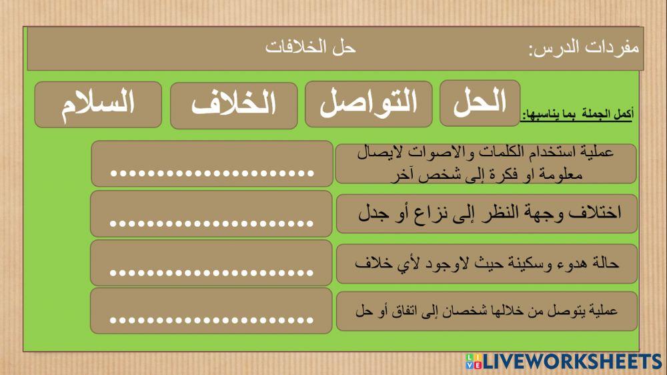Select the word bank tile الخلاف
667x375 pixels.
pyautogui.click(x=233, y=105)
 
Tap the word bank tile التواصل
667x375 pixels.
pyautogui.click(x=369, y=104)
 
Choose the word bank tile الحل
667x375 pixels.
pyautogui.click(x=480, y=103)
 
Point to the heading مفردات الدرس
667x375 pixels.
pyautogui.click(x=584, y=49)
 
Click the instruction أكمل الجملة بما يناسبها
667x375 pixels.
pyautogui.click(x=578, y=115)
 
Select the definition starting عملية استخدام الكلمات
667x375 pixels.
pyautogui.click(x=486, y=163)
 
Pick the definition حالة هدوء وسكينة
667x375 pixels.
pyautogui.click(x=486, y=263)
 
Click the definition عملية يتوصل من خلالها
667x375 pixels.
pyautogui.click(x=486, y=310)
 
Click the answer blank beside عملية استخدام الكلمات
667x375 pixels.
pyautogui.click(x=211, y=163)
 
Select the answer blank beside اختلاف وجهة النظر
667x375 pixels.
pyautogui.click(x=211, y=214)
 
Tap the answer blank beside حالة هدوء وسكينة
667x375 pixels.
pyautogui.click(x=211, y=263)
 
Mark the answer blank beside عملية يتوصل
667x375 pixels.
pyautogui.click(x=211, y=311)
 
